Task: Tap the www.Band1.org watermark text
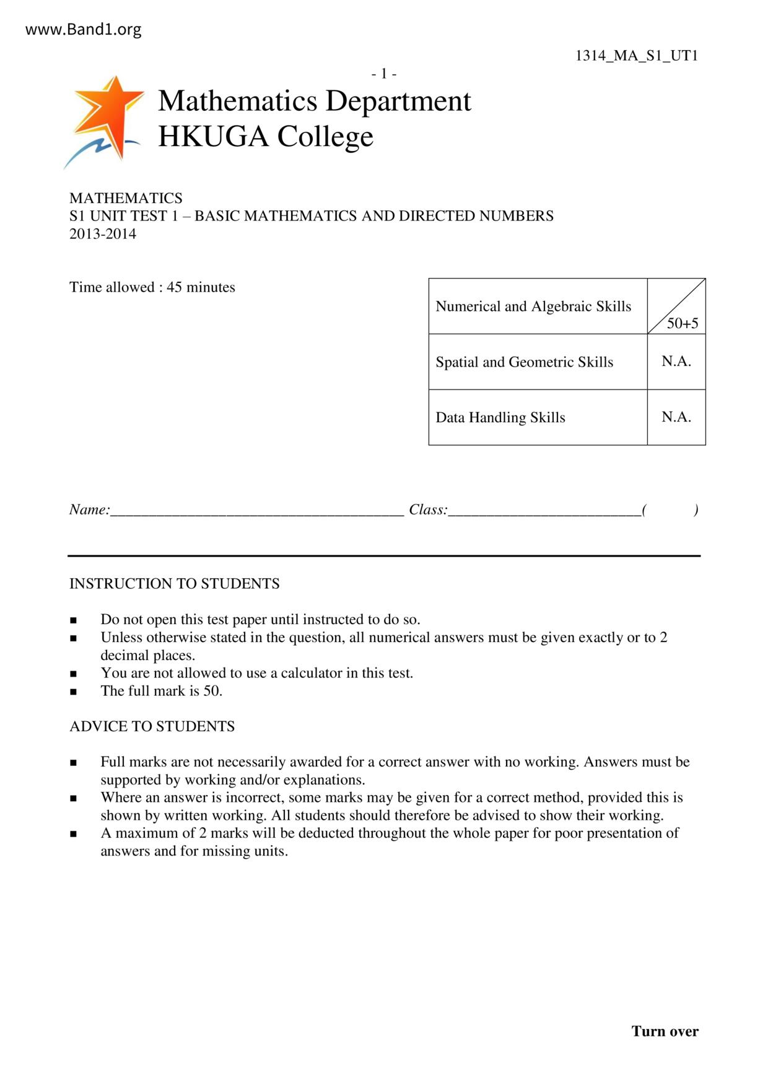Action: (84, 30)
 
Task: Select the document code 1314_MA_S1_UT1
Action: (637, 56)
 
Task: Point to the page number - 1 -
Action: (384, 74)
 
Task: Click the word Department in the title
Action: (399, 101)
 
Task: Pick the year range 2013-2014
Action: (103, 234)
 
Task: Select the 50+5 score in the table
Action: (683, 323)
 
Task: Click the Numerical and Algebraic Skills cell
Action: (533, 306)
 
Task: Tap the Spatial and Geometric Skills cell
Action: (524, 362)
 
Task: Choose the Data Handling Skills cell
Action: (500, 418)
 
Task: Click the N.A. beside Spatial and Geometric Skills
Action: (676, 362)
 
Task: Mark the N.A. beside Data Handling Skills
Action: (676, 417)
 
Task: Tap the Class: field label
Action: (428, 510)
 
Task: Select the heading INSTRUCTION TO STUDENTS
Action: (175, 584)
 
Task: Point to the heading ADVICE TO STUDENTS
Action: (152, 726)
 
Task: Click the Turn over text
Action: (665, 1032)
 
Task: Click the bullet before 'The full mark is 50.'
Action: (74, 692)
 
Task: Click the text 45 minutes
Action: (201, 287)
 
